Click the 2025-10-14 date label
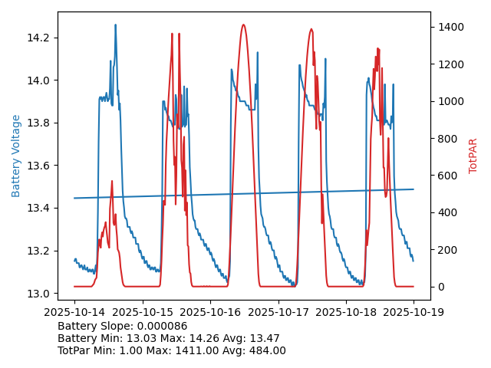[x=74, y=312]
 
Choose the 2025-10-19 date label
[x=414, y=312]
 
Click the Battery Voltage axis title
[x=16, y=156]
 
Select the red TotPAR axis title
[x=473, y=156]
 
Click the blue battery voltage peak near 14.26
[x=116, y=25]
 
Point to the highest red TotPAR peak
[x=243, y=25]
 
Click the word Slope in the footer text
[x=117, y=326]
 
